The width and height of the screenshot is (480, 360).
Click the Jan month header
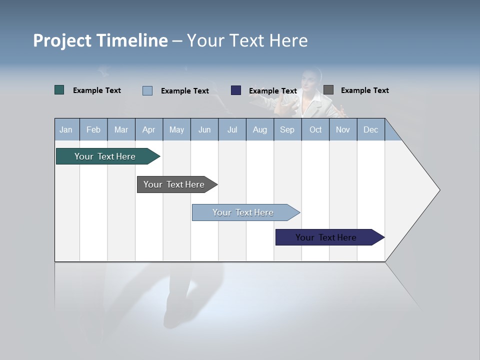(x=66, y=130)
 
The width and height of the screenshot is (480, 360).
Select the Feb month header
(x=93, y=130)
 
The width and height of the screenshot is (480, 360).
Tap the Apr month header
(x=148, y=130)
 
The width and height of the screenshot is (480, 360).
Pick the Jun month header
(x=204, y=130)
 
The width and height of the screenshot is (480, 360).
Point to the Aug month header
(x=259, y=130)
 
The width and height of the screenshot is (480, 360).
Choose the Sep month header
(x=287, y=130)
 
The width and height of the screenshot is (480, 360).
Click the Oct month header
(x=315, y=130)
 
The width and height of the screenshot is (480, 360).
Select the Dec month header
(x=370, y=130)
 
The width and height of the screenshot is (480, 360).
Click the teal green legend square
(x=59, y=90)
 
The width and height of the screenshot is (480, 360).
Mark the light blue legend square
(x=147, y=90)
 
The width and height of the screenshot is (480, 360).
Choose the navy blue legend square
(x=236, y=90)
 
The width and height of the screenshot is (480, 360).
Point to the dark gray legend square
(x=328, y=90)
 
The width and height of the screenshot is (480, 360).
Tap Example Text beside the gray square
(x=364, y=90)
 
